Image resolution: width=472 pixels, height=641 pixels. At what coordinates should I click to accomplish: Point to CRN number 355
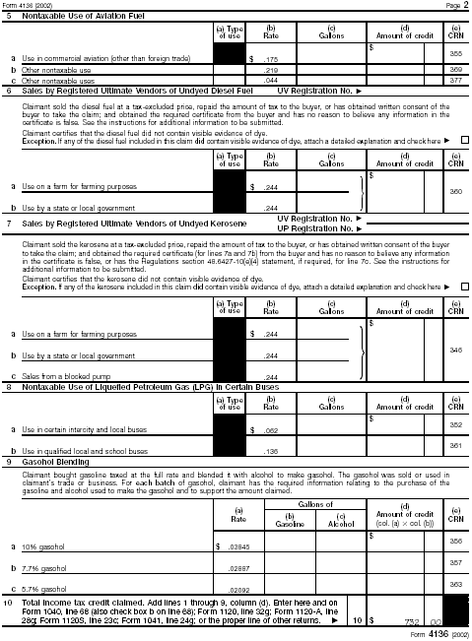tap(455, 54)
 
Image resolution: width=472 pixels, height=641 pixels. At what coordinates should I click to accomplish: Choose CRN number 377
tap(455, 81)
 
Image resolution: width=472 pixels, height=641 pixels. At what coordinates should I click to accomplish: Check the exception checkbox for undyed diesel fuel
tap(464, 141)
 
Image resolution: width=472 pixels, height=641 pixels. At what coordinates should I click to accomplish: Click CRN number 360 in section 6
tap(455, 191)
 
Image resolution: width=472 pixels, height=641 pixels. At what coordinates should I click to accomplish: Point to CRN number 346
tap(455, 350)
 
